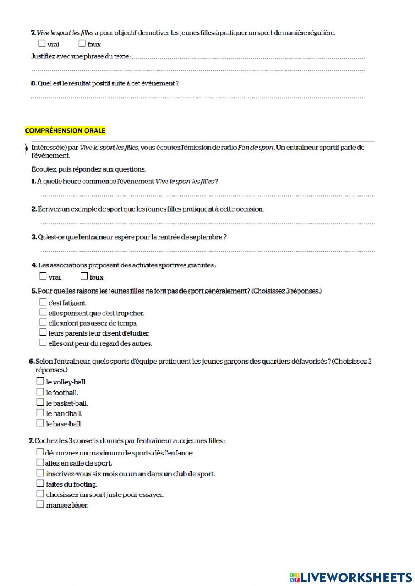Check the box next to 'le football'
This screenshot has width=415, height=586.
pyautogui.click(x=40, y=392)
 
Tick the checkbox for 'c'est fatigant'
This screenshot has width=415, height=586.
pyautogui.click(x=43, y=302)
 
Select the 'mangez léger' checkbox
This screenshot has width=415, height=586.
pyautogui.click(x=40, y=504)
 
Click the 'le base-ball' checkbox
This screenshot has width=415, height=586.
pyautogui.click(x=40, y=423)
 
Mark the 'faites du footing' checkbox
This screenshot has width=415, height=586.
pyautogui.click(x=40, y=484)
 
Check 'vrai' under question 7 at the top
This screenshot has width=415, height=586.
pyautogui.click(x=41, y=43)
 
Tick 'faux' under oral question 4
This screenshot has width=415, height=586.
pyautogui.click(x=84, y=276)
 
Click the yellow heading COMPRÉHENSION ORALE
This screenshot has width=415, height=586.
pyautogui.click(x=65, y=131)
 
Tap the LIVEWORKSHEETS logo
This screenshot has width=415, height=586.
pyautogui.click(x=350, y=577)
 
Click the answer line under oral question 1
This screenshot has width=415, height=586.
pyautogui.click(x=207, y=195)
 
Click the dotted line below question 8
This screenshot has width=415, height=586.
pyautogui.click(x=198, y=98)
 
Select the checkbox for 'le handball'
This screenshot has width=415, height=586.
pyautogui.click(x=40, y=413)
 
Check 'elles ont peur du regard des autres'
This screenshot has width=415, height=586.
pyautogui.click(x=43, y=343)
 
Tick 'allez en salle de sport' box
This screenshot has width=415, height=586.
pyautogui.click(x=40, y=462)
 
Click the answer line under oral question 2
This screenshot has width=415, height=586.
pyautogui.click(x=207, y=223)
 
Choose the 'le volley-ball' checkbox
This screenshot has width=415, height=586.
pyautogui.click(x=40, y=381)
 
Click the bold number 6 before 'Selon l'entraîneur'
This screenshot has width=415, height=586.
pyautogui.click(x=31, y=362)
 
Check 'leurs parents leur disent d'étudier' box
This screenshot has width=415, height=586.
pyautogui.click(x=43, y=333)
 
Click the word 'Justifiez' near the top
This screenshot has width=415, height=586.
pyautogui.click(x=44, y=56)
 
